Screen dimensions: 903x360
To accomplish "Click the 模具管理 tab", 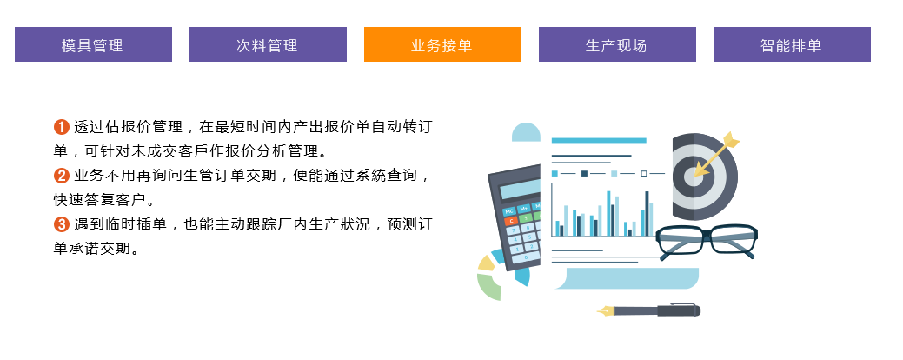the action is [x=93, y=44].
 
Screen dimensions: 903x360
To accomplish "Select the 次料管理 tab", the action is [x=268, y=44].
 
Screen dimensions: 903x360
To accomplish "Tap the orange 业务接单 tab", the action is [x=442, y=44].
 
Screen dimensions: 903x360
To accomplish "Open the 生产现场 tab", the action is [x=617, y=44].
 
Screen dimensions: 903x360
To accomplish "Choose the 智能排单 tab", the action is [x=792, y=44].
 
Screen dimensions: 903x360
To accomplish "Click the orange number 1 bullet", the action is [x=61, y=127].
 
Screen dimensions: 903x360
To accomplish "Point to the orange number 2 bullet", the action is [x=61, y=175].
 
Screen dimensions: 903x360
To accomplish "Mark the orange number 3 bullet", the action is [x=61, y=224].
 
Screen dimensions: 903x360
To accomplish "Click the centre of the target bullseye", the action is [x=694, y=177].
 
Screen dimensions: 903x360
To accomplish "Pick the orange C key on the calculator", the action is [x=509, y=221].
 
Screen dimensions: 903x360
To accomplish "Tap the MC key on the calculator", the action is [x=508, y=210].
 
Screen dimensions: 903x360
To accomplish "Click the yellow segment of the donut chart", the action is [x=487, y=263].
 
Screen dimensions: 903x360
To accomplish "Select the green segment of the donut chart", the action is [x=488, y=287].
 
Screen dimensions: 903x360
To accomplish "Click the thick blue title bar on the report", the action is [x=599, y=141].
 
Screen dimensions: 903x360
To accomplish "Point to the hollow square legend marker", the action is [x=644, y=173].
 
